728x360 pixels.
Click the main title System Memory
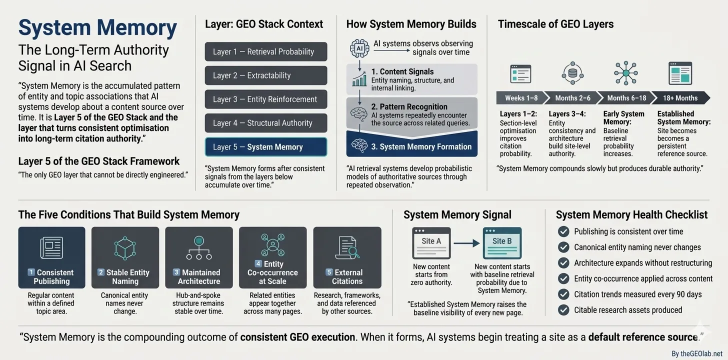click(97, 27)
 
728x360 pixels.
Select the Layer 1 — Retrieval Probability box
click(266, 51)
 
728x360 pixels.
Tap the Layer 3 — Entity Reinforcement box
click(266, 99)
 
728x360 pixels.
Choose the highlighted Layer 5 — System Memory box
click(266, 147)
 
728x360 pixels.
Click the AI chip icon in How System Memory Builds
click(359, 48)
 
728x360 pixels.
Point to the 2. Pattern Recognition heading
click(409, 106)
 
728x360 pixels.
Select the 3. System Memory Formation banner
click(412, 146)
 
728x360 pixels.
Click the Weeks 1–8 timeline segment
click(520, 98)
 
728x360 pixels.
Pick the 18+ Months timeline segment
click(681, 98)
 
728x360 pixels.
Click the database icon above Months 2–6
click(572, 73)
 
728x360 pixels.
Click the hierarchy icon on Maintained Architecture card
click(198, 247)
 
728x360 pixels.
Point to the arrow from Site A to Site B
click(466, 243)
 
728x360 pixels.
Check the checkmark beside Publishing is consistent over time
click(563, 231)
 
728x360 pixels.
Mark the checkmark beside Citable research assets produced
click(563, 310)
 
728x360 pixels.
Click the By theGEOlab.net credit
click(696, 353)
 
